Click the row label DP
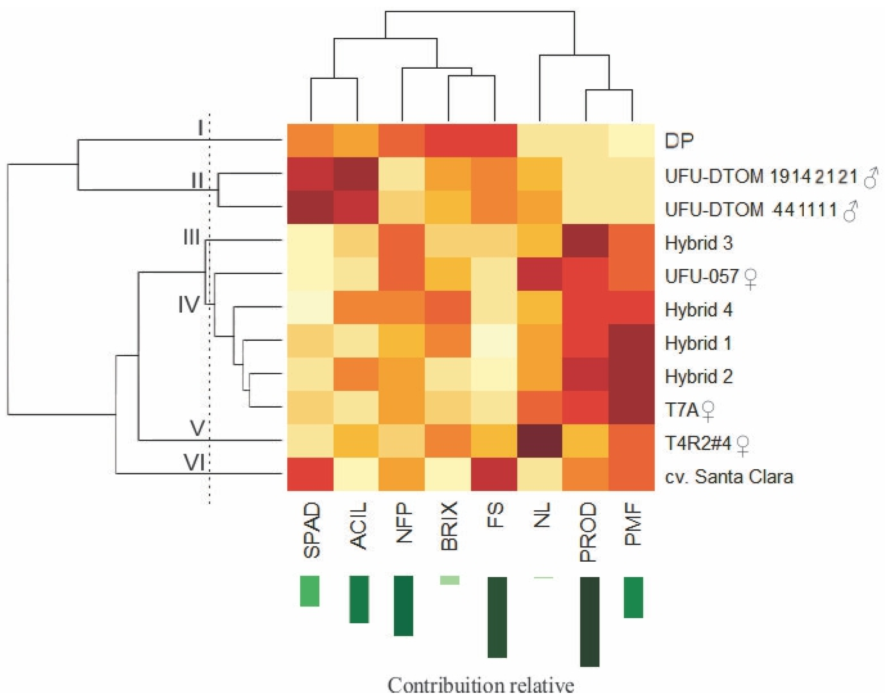pyautogui.click(x=679, y=141)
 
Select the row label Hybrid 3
pyautogui.click(x=698, y=243)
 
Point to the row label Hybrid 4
pyautogui.click(x=698, y=310)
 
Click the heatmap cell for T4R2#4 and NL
pyautogui.click(x=540, y=441)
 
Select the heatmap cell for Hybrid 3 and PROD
pyautogui.click(x=586, y=241)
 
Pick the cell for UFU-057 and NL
pyautogui.click(x=540, y=275)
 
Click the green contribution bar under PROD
pyautogui.click(x=590, y=621)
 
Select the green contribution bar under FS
pyautogui.click(x=497, y=617)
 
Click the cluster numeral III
pyautogui.click(x=191, y=237)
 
